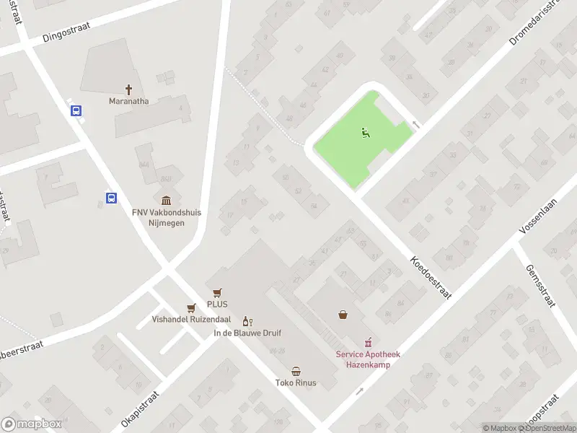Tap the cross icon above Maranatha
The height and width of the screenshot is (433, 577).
pos(129,89)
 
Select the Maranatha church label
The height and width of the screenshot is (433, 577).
pos(129,101)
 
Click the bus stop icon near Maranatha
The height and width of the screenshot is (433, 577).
pos(76,111)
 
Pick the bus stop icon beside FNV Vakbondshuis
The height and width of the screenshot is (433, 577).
pos(112,198)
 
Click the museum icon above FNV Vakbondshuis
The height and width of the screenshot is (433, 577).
pos(167,201)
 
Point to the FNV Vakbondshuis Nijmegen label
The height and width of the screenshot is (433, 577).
pos(167,217)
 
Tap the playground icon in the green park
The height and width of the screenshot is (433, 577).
pos(365,132)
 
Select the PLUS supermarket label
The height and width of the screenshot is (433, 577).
pos(217,304)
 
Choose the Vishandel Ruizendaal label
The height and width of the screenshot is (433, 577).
pos(190,319)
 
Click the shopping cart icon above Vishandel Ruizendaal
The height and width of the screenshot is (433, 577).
pos(191,307)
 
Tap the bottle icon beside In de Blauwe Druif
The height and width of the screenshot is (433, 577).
pos(247,321)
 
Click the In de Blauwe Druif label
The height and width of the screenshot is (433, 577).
pos(247,333)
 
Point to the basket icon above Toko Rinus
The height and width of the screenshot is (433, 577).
pos(296,370)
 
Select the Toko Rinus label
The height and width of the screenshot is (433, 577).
pos(296,382)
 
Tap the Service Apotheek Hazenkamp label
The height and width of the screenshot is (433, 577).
pos(367,359)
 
